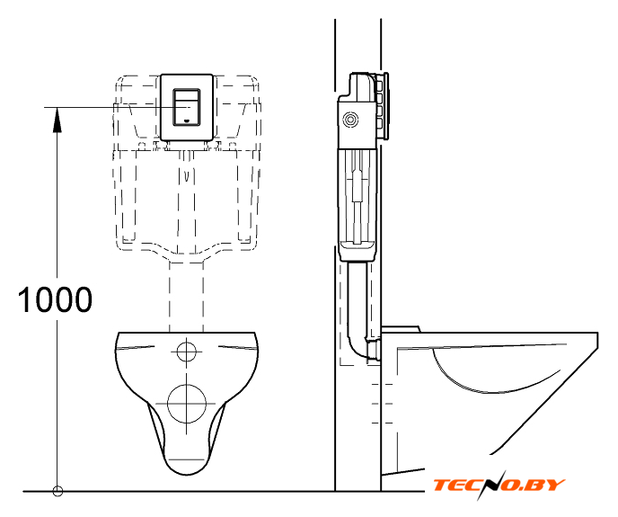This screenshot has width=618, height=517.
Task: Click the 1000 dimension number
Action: coord(55,299)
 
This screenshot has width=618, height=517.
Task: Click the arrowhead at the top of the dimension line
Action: coord(57,120)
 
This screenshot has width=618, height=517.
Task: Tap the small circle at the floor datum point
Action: coord(57,491)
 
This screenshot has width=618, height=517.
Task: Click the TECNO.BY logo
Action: coord(499,485)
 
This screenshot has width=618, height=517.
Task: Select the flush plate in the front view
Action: coord(187,107)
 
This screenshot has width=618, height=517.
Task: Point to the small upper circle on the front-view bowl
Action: coord(187,351)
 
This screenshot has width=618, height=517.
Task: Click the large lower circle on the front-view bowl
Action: coord(187,404)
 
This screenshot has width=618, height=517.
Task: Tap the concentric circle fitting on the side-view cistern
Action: coord(350,120)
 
